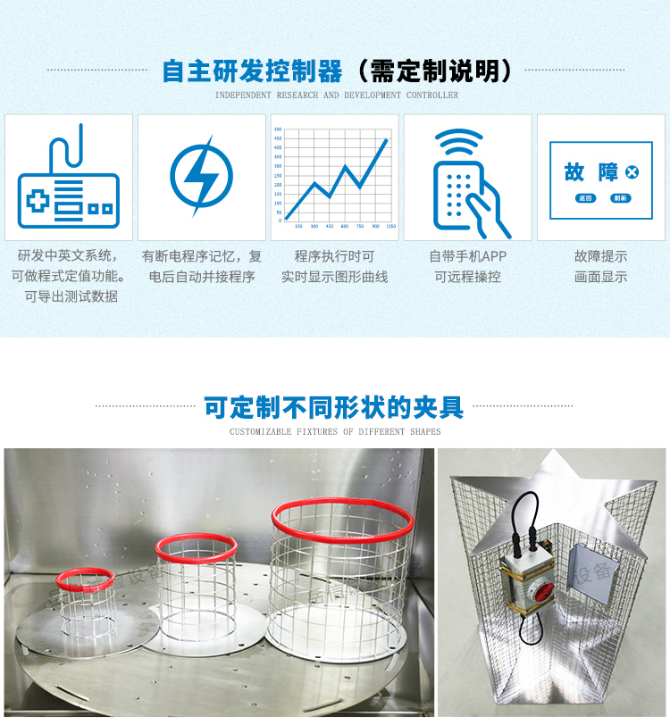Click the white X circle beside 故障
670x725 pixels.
pyautogui.click(x=632, y=171)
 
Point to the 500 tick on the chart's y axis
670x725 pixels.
pyautogui.click(x=279, y=130)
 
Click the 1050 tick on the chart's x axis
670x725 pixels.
pyautogui.click(x=391, y=227)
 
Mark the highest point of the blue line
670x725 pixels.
pyautogui.click(x=387, y=139)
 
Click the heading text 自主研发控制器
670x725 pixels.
pyautogui.click(x=253, y=71)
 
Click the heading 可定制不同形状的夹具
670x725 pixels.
pyautogui.click(x=334, y=408)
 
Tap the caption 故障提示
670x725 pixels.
pyautogui.click(x=600, y=256)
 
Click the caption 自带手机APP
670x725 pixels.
pyautogui.click(x=467, y=256)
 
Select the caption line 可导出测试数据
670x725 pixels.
pyautogui.click(x=71, y=296)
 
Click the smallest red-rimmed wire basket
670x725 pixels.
pyautogui.click(x=86, y=594)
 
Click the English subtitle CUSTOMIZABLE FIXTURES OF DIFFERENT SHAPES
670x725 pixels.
pyautogui.click(x=335, y=432)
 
